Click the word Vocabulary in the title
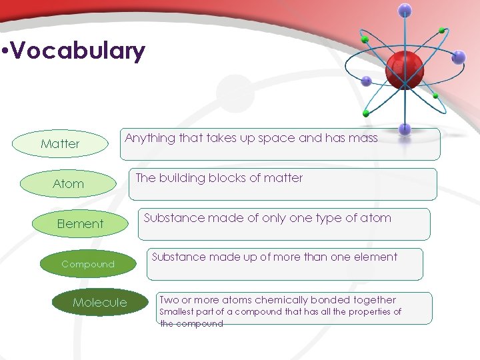coord(78,51)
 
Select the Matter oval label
coord(60,143)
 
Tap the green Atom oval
coord(68,183)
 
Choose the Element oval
coord(80,223)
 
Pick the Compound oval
coord(88,264)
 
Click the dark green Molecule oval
coord(99,303)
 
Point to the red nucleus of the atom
coord(405,67)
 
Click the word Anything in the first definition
coord(148,139)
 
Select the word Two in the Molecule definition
coord(168,300)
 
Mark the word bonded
coord(331,300)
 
